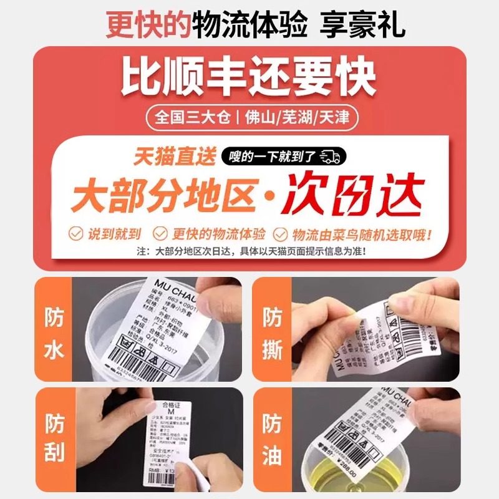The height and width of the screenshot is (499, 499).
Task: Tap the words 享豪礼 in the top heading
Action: [x=362, y=25]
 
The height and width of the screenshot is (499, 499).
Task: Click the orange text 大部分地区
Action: [x=163, y=195]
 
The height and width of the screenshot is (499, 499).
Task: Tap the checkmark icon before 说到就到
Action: [x=76, y=234]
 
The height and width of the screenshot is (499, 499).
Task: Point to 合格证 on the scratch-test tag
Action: [x=167, y=406]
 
